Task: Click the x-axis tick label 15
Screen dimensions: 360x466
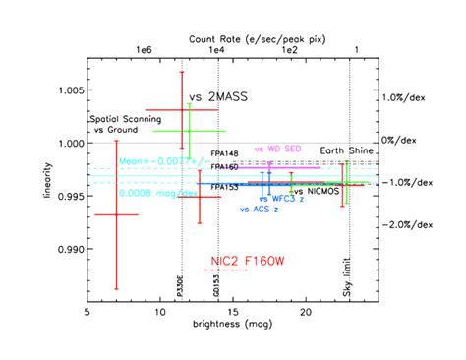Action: pos(233,312)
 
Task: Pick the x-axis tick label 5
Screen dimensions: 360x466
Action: pos(88,312)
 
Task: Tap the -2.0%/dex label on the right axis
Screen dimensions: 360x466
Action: pos(406,225)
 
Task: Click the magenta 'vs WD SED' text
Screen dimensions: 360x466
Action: pos(278,149)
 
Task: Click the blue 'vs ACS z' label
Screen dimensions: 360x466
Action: pos(259,210)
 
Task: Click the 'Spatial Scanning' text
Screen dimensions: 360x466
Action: pos(125,119)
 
